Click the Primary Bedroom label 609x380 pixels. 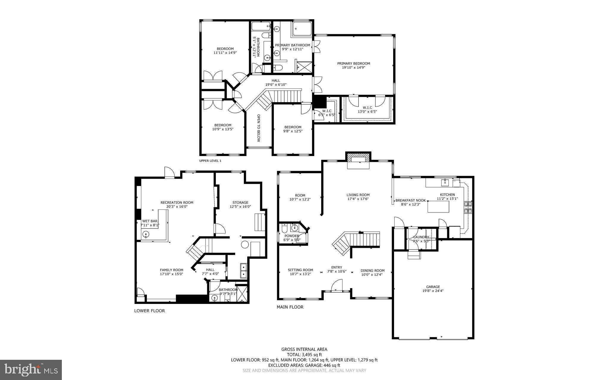pyautogui.click(x=353, y=63)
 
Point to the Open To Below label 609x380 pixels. pyautogui.click(x=258, y=128)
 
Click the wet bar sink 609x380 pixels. pyautogui.click(x=146, y=234)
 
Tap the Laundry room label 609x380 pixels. pyautogui.click(x=421, y=237)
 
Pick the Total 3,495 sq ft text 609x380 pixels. pyautogui.click(x=304, y=354)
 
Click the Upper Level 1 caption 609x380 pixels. pyautogui.click(x=210, y=161)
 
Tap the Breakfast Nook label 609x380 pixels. pyautogui.click(x=410, y=201)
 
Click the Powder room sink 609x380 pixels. pyautogui.click(x=294, y=228)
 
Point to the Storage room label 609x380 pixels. pyautogui.click(x=240, y=203)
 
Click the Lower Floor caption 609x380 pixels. pyautogui.click(x=149, y=311)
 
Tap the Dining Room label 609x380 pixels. pyautogui.click(x=372, y=271)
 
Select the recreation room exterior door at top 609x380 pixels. pyautogui.click(x=169, y=173)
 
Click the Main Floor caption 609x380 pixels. pyautogui.click(x=290, y=307)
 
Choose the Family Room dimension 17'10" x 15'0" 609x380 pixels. pyautogui.click(x=171, y=274)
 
